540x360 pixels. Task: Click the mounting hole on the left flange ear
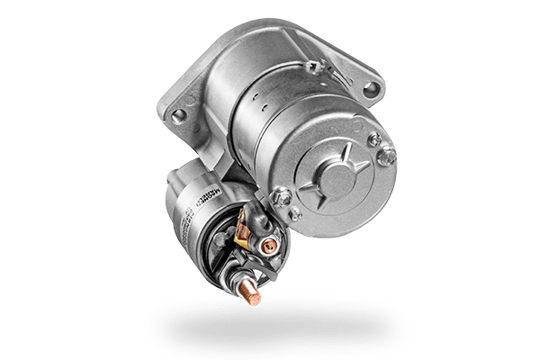178,115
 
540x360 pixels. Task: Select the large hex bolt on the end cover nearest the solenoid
282,197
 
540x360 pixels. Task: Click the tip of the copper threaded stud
254,296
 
